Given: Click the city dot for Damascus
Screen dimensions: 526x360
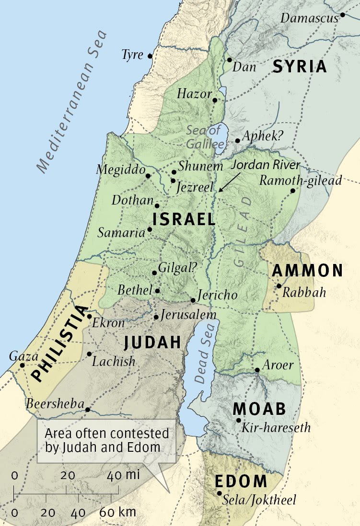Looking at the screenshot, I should coord(343,15).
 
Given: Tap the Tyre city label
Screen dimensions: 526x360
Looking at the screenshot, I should coord(132,55).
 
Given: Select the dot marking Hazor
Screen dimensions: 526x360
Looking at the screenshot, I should coord(215,100).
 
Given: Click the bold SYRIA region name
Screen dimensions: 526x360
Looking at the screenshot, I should coord(300,67).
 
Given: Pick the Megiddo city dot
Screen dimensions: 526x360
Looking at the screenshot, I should coord(148,176).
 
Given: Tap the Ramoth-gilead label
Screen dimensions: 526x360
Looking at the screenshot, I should coord(301,180).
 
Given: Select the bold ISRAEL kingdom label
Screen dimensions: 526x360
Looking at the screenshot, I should coord(184,219).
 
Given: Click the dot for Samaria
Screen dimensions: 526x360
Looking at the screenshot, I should coord(150,229).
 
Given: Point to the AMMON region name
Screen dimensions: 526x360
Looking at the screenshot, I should coord(307,271).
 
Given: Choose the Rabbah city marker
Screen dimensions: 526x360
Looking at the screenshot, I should coord(279,286).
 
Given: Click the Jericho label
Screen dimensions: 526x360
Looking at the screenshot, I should coord(217,295).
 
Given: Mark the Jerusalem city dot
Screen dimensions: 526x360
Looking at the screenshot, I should coord(156,317).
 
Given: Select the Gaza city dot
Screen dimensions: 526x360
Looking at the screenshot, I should coord(22,365).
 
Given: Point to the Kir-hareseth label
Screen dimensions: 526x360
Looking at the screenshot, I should coord(276,427).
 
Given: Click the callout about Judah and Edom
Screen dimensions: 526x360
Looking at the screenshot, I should coord(106,441).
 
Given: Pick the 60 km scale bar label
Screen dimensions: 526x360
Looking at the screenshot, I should coord(117,512).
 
